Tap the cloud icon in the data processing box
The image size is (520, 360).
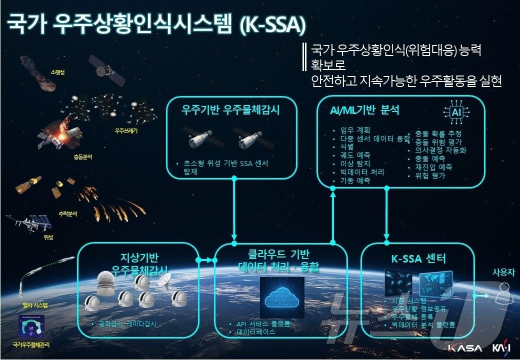tap(282, 296)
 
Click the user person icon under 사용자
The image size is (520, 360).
tap(503, 293)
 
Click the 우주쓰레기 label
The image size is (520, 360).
tap(125, 132)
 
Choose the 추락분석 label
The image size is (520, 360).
tap(67, 213)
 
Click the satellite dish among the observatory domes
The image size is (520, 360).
tap(163, 282)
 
